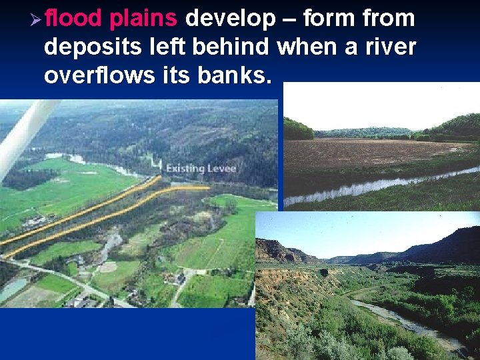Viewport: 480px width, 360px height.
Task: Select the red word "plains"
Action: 143,19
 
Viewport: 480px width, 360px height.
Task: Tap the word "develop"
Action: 230,19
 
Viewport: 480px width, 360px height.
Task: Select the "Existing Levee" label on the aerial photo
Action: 192,168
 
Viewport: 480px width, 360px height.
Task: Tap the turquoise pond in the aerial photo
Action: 13,288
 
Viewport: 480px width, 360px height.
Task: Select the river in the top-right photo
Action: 373,187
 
